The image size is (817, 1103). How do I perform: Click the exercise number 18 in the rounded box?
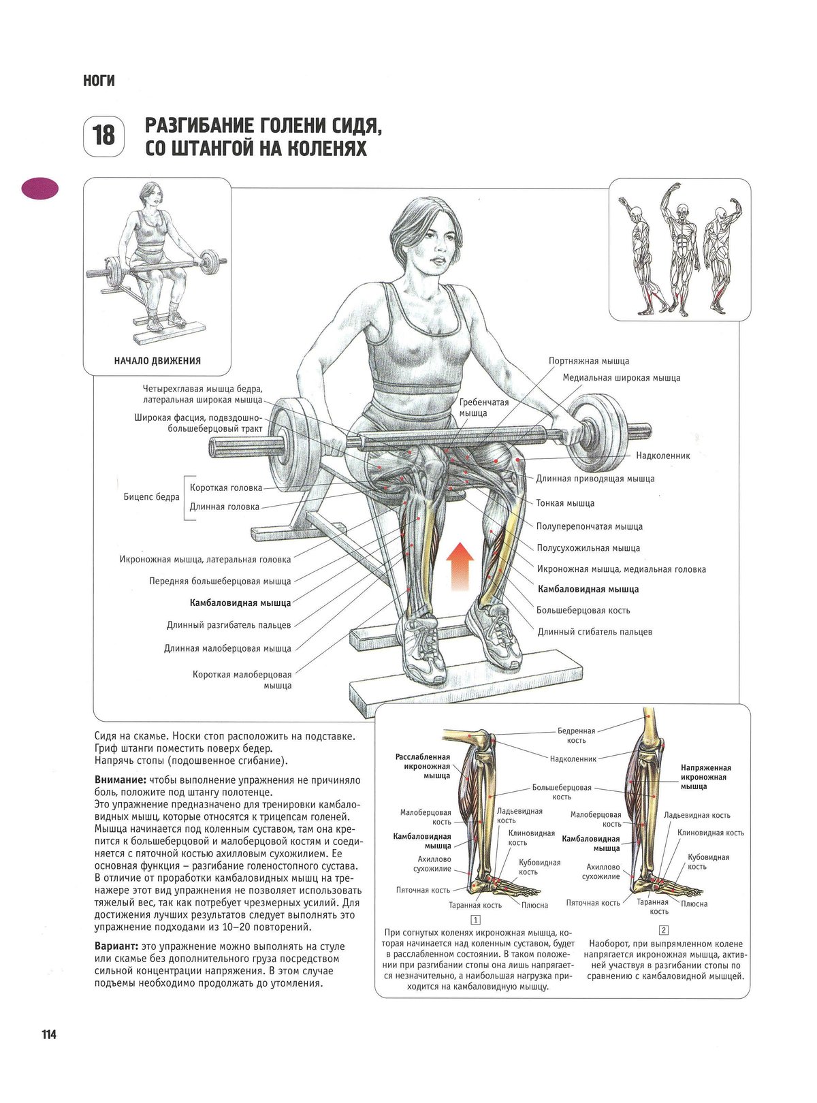[103, 135]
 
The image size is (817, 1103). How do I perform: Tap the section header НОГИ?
[99, 80]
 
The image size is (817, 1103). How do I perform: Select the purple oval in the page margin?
[39, 189]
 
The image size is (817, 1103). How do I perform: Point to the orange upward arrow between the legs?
[460, 566]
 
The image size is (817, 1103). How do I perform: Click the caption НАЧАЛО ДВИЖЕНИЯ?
[157, 361]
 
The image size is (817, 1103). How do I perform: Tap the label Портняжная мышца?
[588, 361]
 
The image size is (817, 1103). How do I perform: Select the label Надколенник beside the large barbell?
[662, 455]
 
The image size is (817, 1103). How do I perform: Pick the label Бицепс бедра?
[151, 497]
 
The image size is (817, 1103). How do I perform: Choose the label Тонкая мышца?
[565, 503]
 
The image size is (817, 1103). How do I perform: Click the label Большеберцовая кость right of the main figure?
[583, 610]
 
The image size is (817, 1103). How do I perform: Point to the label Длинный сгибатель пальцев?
[595, 632]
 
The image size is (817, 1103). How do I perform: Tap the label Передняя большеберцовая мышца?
[220, 581]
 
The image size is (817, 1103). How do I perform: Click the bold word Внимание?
[121, 780]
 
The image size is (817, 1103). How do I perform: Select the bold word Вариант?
[116, 946]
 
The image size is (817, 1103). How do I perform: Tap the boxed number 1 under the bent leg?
[475, 919]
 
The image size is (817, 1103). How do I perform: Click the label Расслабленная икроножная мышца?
[423, 766]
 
